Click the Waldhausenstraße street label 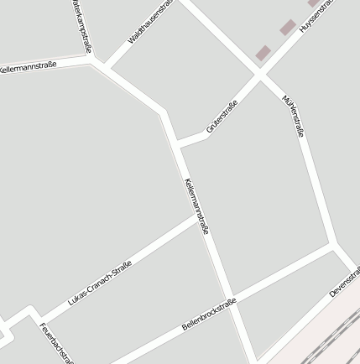click(x=151, y=23)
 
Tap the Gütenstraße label click(x=222, y=117)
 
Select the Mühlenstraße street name click(x=294, y=116)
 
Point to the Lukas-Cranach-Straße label click(x=100, y=282)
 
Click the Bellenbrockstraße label click(x=209, y=314)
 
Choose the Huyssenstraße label click(x=321, y=13)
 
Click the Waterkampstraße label click(x=81, y=25)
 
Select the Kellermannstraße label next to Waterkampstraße click(x=29, y=66)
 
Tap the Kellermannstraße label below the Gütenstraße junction click(x=196, y=205)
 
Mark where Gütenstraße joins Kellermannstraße click(x=177, y=145)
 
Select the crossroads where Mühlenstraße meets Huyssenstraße click(x=260, y=75)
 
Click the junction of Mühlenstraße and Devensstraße click(x=335, y=247)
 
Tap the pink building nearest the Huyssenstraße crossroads click(x=263, y=52)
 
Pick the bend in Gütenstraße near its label click(x=206, y=135)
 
